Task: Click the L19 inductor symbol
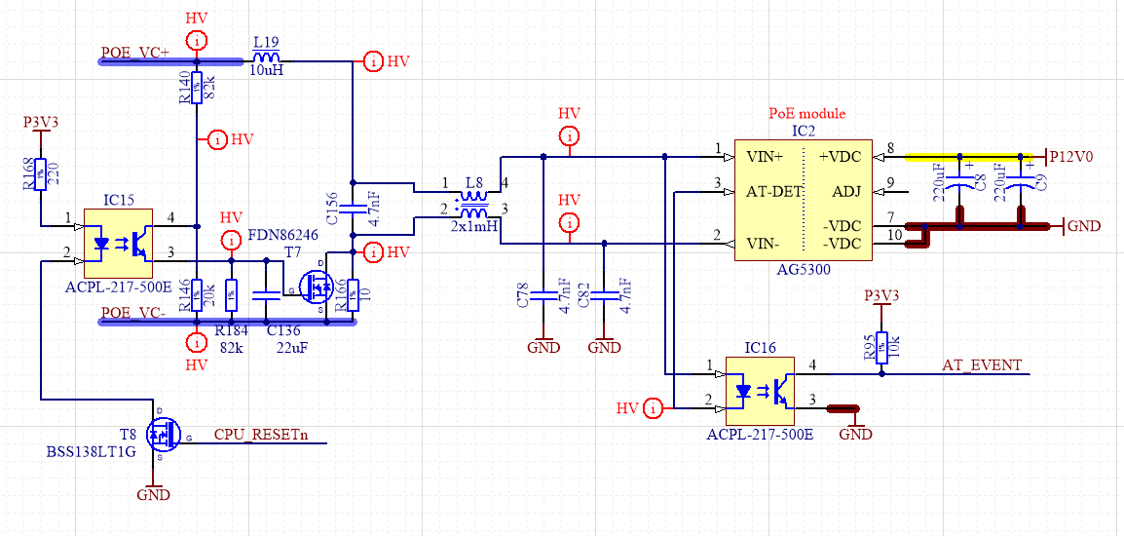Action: (x=266, y=60)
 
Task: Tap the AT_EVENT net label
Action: (x=982, y=365)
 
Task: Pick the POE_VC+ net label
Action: (x=134, y=53)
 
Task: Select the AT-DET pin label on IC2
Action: (x=774, y=191)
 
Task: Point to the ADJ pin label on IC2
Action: (x=845, y=191)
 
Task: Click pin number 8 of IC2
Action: (x=889, y=148)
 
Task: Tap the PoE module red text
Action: (x=806, y=114)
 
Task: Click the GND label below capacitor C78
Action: (x=543, y=347)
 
